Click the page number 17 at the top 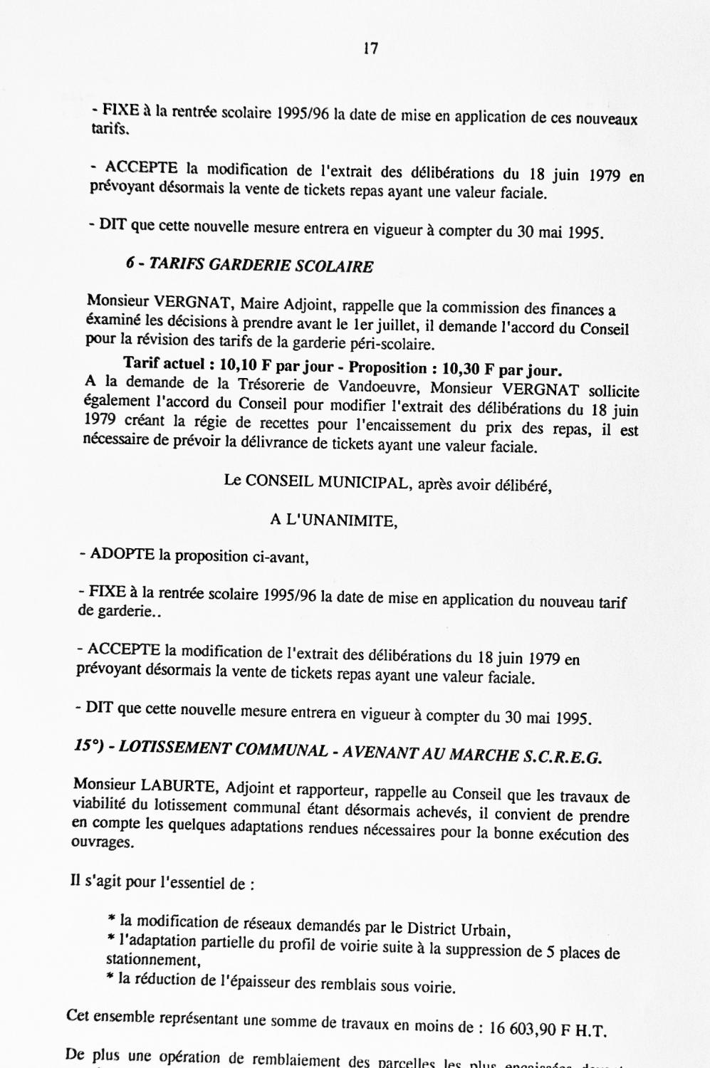[370, 49]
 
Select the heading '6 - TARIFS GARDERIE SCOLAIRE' [249, 266]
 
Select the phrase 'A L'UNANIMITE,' [333, 520]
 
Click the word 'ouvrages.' [103, 842]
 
